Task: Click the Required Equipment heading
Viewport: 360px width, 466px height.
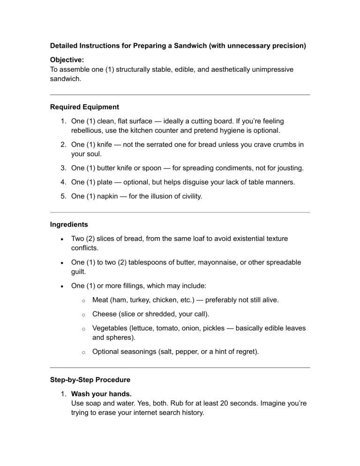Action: (84, 107)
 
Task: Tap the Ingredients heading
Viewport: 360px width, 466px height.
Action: (69, 225)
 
